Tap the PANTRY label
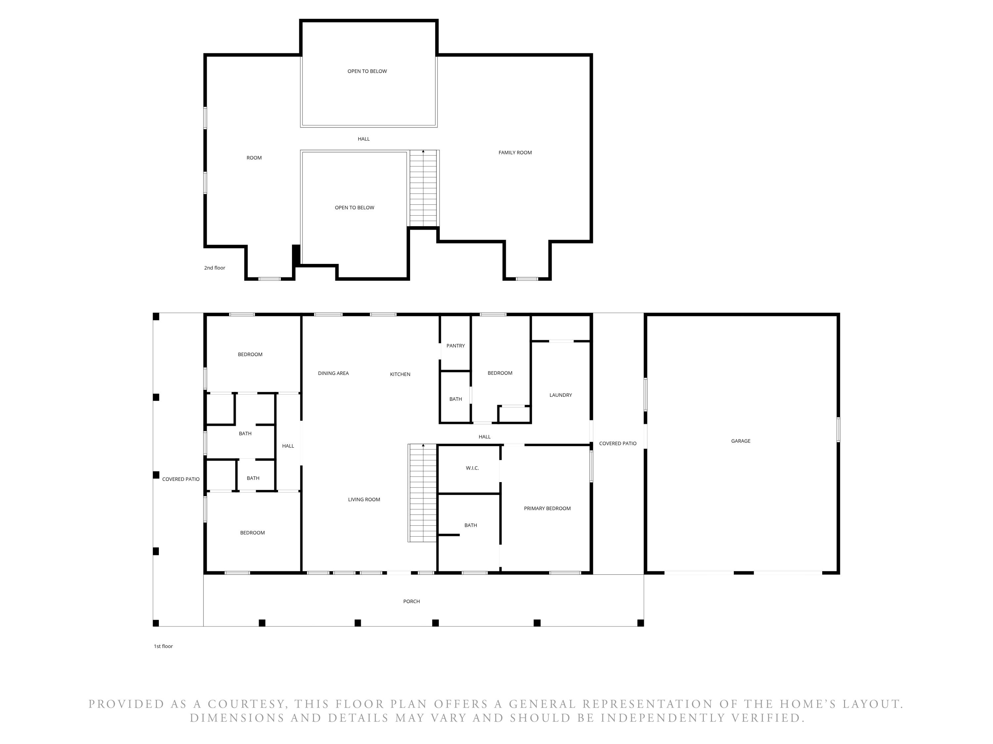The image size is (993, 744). [456, 346]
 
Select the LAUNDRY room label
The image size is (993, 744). [561, 395]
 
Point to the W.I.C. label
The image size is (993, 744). [472, 468]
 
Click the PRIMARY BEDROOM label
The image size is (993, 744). [547, 509]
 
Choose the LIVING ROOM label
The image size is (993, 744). [364, 500]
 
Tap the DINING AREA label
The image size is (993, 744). [333, 373]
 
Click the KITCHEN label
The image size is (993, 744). [400, 374]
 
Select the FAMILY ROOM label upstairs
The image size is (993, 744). [515, 152]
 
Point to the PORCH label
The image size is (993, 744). [411, 601]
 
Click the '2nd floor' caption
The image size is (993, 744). [214, 268]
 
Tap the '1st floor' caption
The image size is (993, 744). [164, 646]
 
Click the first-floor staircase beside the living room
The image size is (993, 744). [422, 493]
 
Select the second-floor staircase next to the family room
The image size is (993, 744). [423, 188]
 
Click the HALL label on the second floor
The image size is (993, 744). [364, 139]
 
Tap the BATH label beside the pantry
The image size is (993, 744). [456, 399]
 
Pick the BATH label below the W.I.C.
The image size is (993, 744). [470, 525]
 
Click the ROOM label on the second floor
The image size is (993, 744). [254, 158]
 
